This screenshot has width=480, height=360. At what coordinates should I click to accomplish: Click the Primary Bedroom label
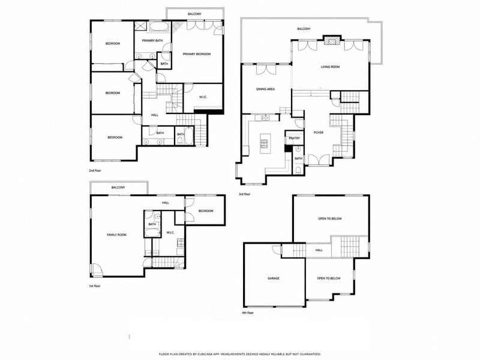[197, 54]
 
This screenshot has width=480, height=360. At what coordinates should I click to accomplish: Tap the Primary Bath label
[152, 41]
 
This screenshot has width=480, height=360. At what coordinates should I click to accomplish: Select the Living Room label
[330, 67]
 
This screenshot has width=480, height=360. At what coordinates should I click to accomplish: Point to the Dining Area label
[265, 89]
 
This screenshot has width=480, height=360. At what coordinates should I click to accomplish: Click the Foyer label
[319, 133]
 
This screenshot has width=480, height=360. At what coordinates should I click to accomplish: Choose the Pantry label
[295, 139]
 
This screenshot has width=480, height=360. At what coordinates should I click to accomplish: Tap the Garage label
[274, 278]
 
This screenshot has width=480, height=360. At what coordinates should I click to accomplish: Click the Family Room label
[116, 235]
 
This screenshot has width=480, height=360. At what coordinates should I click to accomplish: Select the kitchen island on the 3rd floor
[264, 143]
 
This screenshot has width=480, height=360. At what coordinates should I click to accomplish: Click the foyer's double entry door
[319, 160]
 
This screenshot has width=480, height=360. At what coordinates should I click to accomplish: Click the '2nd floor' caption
[95, 170]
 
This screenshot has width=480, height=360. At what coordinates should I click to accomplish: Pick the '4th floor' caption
[248, 313]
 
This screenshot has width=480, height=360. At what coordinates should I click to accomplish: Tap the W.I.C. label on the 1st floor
[170, 233]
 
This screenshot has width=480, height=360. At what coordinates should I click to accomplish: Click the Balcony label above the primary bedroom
[194, 14]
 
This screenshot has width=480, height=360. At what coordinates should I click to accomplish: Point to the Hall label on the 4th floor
[319, 250]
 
